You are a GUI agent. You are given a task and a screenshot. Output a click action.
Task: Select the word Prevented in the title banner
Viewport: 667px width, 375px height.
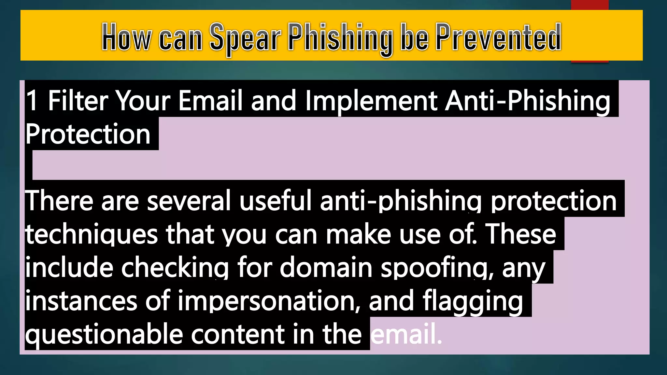coord(498,37)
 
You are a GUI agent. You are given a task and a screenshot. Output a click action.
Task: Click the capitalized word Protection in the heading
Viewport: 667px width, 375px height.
coord(88,134)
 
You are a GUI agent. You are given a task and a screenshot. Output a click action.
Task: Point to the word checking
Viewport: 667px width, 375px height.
coord(175,268)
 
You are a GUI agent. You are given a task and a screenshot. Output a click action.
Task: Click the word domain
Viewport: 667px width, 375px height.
coord(326,268)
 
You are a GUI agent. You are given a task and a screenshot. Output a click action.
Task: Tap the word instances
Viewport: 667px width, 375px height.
coord(81,301)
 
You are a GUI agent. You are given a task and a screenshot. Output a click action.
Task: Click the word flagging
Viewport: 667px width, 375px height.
coord(473,301)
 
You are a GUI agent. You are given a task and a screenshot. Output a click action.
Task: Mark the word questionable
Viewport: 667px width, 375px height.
coord(104,335)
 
